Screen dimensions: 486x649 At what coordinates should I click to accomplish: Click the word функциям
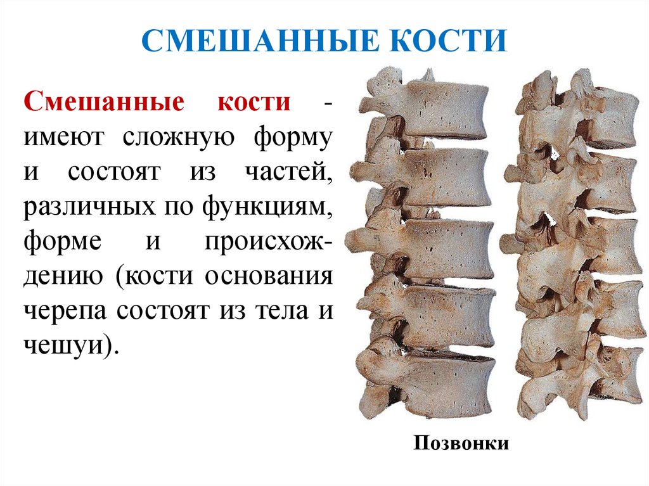268,207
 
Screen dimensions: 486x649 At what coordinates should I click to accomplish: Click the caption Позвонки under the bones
461,442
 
